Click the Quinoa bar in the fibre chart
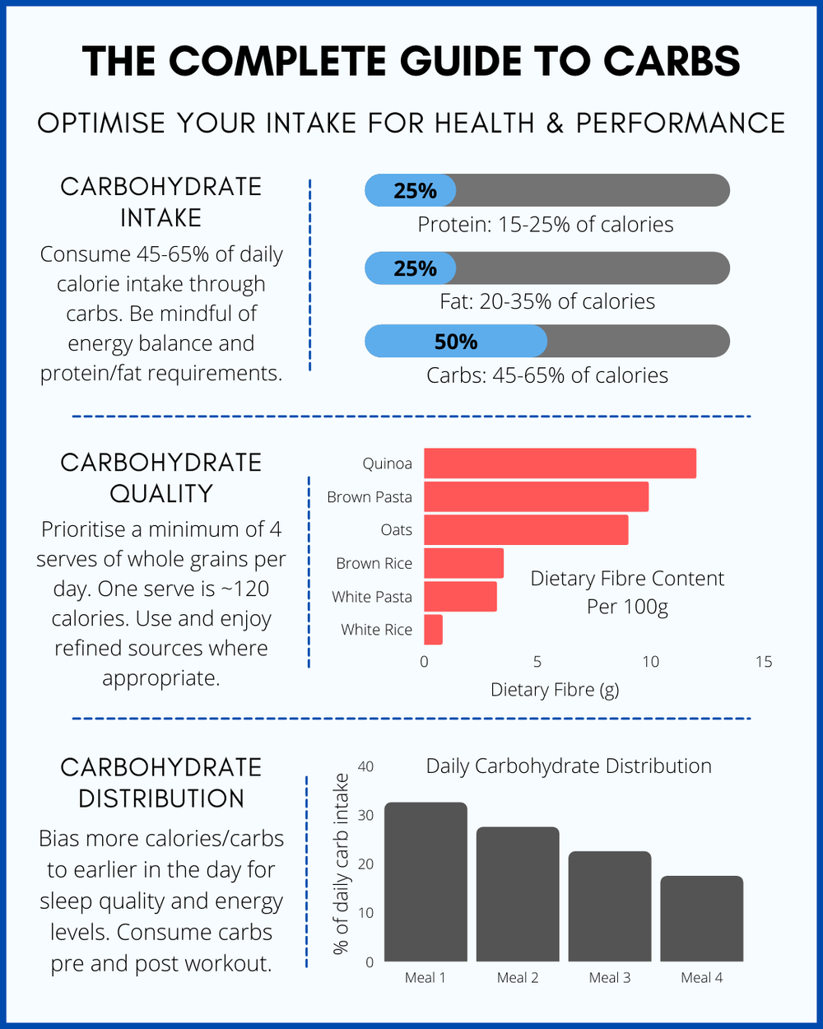560,463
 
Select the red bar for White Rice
433,630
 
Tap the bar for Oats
526,529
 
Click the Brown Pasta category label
370,497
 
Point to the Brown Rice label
374,564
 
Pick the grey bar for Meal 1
425,882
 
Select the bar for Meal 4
702,919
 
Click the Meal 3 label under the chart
610,978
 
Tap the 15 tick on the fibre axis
764,662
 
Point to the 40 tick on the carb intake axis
365,766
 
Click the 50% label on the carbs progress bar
456,342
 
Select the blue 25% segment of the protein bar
410,191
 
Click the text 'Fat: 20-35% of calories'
547,302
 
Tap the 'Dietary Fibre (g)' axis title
555,690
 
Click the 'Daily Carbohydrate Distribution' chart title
569,766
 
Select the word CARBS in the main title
672,62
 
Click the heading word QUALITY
161,494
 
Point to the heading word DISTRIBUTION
161,799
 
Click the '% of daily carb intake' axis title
342,864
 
